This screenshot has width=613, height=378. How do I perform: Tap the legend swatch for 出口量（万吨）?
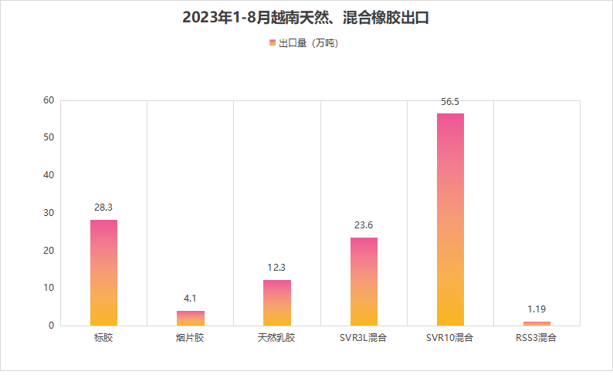[273, 43]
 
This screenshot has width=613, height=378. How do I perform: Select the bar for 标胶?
[103, 272]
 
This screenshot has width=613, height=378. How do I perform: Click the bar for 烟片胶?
[191, 318]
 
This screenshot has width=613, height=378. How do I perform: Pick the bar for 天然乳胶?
[277, 302]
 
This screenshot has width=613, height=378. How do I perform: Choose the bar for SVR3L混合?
[364, 282]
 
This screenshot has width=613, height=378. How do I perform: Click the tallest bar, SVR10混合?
[450, 219]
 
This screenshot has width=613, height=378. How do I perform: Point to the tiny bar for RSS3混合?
[537, 323]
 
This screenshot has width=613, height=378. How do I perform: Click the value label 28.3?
[103, 208]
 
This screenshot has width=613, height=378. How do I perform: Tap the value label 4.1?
[191, 299]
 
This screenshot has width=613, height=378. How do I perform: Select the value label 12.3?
[277, 268]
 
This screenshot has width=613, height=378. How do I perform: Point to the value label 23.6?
[364, 225]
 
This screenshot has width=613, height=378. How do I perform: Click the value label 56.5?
[450, 101]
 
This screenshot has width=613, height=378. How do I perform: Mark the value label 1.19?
[537, 309]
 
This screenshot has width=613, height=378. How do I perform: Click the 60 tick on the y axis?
[49, 100]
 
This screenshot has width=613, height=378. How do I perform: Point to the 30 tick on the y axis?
[49, 213]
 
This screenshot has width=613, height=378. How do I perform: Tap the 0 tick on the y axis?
[52, 326]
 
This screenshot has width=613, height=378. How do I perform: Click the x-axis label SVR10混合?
[450, 338]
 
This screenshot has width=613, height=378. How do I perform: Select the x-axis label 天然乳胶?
[277, 338]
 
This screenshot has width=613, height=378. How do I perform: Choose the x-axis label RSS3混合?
[537, 338]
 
